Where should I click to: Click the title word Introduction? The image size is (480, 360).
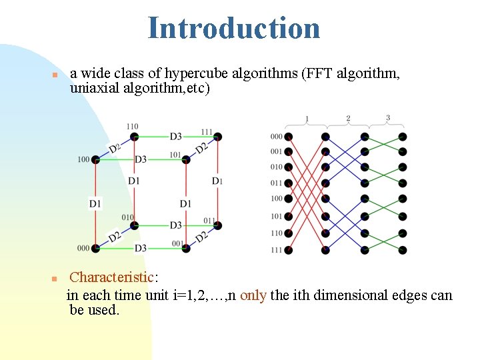tap(234, 28)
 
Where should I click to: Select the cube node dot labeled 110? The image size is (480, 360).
tap(134, 137)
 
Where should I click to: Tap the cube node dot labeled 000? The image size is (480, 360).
tap(95, 248)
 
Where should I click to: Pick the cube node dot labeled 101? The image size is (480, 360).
tap(186, 159)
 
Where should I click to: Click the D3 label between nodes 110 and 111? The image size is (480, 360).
tap(175, 137)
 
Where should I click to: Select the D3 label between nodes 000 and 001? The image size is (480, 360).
tap(141, 248)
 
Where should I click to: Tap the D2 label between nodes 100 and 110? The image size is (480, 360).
tap(115, 147)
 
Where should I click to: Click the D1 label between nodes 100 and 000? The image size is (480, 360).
tap(95, 203)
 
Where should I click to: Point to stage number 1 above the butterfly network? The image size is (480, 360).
tap(307, 119)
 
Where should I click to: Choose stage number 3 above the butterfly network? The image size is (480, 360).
tap(388, 118)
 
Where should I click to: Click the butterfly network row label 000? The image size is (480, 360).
tap(277, 137)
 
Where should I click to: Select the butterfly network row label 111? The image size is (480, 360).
tap(277, 250)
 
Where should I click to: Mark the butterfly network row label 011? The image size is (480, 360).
tap(277, 183)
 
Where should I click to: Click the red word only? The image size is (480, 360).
tap(253, 295)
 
